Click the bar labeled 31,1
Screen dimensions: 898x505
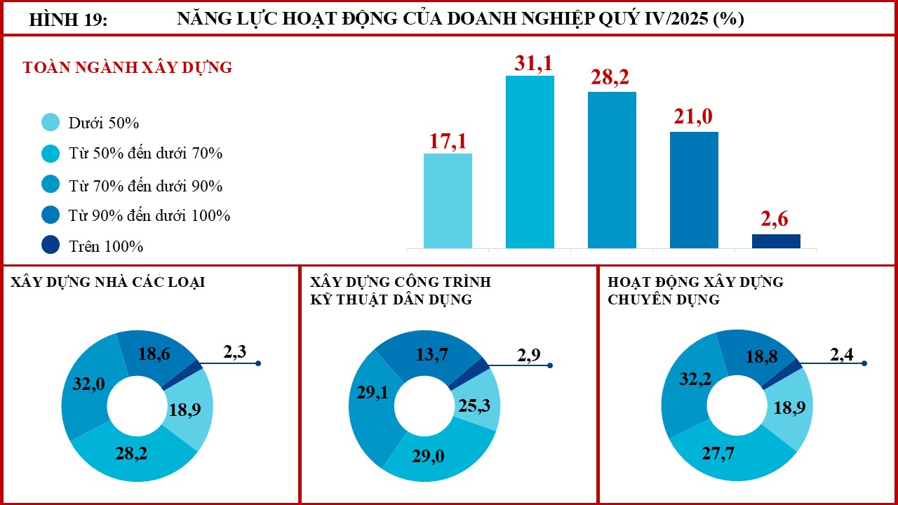click(530, 162)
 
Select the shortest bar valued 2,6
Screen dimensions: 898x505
click(776, 241)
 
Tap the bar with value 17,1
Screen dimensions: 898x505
click(448, 201)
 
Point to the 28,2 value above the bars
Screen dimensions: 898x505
click(610, 77)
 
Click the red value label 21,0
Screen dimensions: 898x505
click(693, 116)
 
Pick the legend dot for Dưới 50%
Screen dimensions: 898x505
click(51, 122)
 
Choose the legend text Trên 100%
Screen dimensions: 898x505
click(106, 246)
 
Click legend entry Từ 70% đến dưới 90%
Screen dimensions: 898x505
click(145, 186)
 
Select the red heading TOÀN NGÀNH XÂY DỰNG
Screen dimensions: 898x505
click(128, 67)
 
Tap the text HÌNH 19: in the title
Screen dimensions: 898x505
click(68, 20)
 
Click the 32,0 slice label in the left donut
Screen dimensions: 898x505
click(88, 384)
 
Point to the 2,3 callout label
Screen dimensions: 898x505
click(234, 351)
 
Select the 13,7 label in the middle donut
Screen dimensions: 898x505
click(431, 354)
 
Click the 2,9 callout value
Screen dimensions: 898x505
click(529, 355)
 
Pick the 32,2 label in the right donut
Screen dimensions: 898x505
click(695, 379)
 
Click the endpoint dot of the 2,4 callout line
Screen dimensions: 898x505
click(864, 363)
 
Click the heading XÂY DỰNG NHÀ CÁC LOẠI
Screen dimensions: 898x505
click(107, 282)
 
